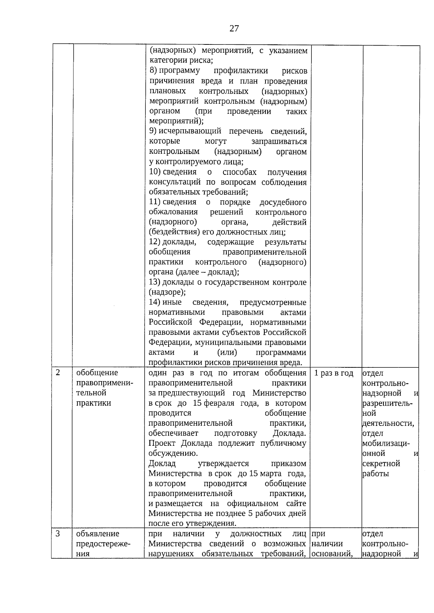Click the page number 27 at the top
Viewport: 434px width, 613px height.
234,29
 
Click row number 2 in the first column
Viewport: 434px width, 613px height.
58,372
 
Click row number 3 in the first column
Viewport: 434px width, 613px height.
58,533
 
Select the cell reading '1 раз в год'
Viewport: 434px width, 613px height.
334,373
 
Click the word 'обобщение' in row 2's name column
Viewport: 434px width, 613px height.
97,373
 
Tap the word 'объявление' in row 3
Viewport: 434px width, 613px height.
98,534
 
